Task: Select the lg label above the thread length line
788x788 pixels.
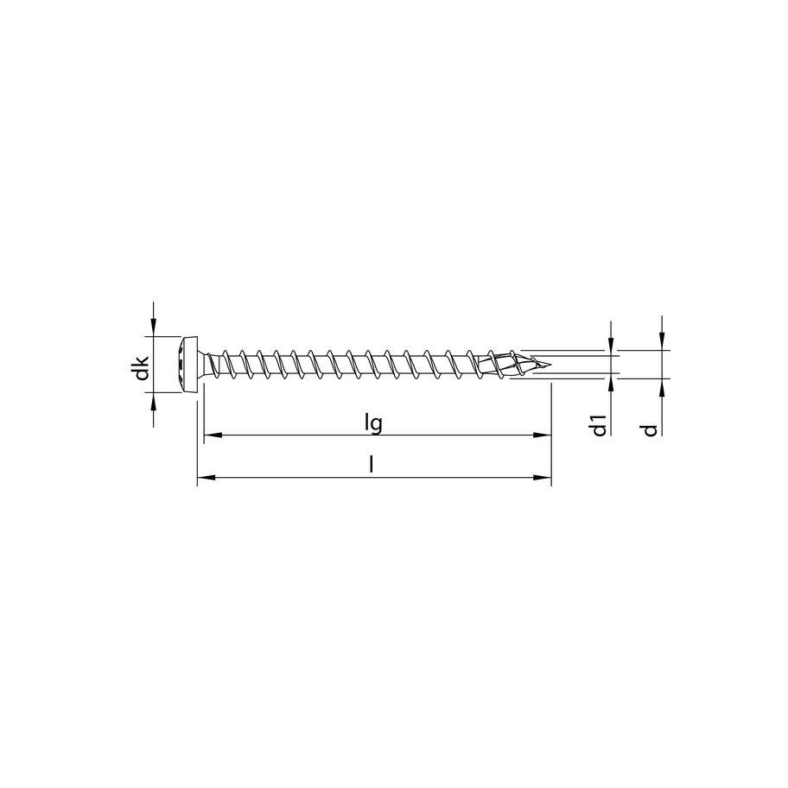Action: [373, 423]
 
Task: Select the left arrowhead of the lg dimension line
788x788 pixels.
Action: [209, 435]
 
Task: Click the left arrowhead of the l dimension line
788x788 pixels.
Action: [205, 477]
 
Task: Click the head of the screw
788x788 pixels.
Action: [187, 364]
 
